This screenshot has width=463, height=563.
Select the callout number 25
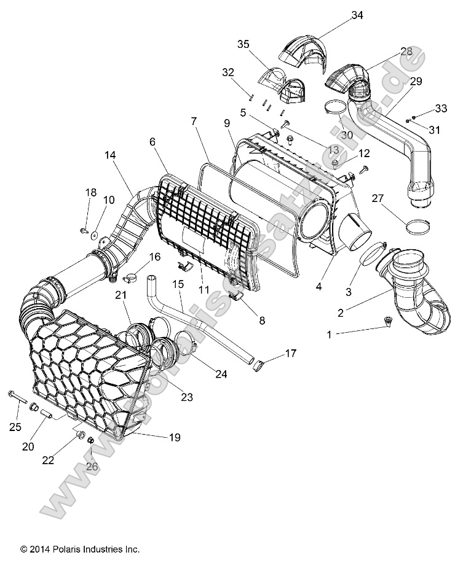(x=15, y=426)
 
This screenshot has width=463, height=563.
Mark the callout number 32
(x=211, y=72)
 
